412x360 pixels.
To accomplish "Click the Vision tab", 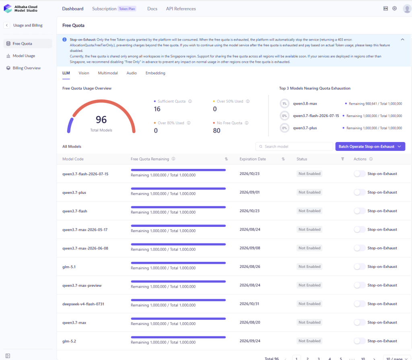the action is (84, 73).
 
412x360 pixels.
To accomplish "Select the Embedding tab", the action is (155, 73).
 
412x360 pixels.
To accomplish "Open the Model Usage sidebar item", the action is (24, 56).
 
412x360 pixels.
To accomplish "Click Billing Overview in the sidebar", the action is (27, 68).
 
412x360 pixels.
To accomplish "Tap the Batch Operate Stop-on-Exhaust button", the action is (370, 146).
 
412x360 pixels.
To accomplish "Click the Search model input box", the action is (294, 146).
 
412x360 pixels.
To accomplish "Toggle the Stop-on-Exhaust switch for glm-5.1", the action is (359, 266).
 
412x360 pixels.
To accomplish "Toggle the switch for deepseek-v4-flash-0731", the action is (359, 304).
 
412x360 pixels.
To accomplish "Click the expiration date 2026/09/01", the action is (249, 192).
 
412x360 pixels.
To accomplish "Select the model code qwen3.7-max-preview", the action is (82, 285).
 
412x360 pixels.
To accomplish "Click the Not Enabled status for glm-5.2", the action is (309, 341).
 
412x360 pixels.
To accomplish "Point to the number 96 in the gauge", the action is (101, 119).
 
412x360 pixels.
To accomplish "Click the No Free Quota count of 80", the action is (216, 131).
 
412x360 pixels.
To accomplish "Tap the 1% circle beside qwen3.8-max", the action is (284, 103).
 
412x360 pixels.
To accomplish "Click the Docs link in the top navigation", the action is (152, 9).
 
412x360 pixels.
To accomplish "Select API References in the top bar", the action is (181, 9).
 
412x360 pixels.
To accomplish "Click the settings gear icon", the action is (394, 8).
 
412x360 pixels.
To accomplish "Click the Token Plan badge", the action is (127, 9).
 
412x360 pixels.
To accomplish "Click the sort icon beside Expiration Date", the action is (283, 159).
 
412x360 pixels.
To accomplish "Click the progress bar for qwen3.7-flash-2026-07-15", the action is (178, 170).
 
